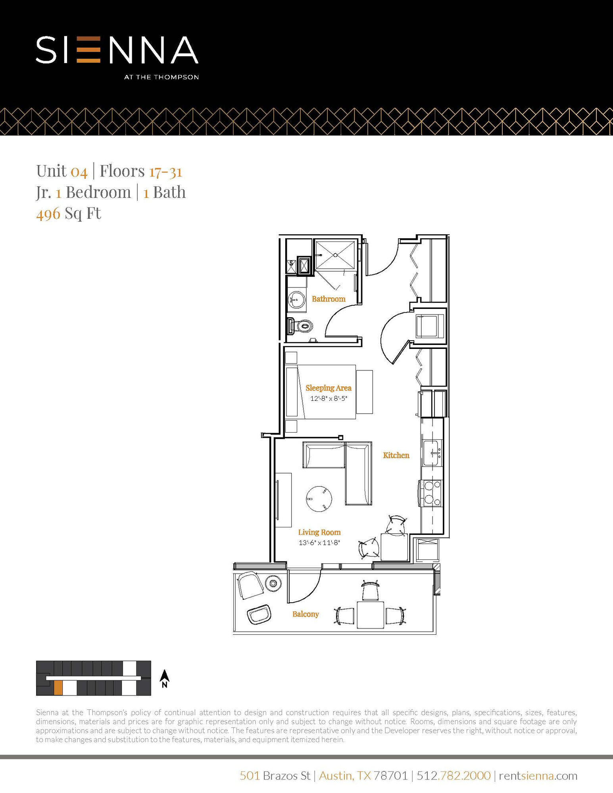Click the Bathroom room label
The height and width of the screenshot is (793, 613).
click(329, 299)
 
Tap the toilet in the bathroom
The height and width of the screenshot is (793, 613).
click(302, 326)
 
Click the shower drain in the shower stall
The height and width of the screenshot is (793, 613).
click(335, 255)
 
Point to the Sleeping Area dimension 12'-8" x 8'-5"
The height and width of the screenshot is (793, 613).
click(329, 398)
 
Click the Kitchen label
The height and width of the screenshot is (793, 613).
click(396, 455)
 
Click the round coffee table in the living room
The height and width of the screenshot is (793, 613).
click(319, 498)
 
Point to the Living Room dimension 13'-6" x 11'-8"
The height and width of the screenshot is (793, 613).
click(319, 542)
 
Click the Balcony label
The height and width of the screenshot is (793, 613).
click(306, 614)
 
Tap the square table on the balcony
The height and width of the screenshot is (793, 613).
click(370, 615)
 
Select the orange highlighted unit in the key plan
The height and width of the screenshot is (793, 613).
click(58, 688)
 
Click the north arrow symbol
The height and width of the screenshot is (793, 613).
click(165, 678)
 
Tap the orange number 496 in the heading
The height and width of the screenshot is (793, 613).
click(48, 214)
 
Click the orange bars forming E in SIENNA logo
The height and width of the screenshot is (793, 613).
click(88, 50)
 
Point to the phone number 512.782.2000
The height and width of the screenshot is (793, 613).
click(454, 775)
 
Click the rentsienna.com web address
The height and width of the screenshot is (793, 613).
click(538, 775)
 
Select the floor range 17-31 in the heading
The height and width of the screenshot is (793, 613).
click(165, 171)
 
